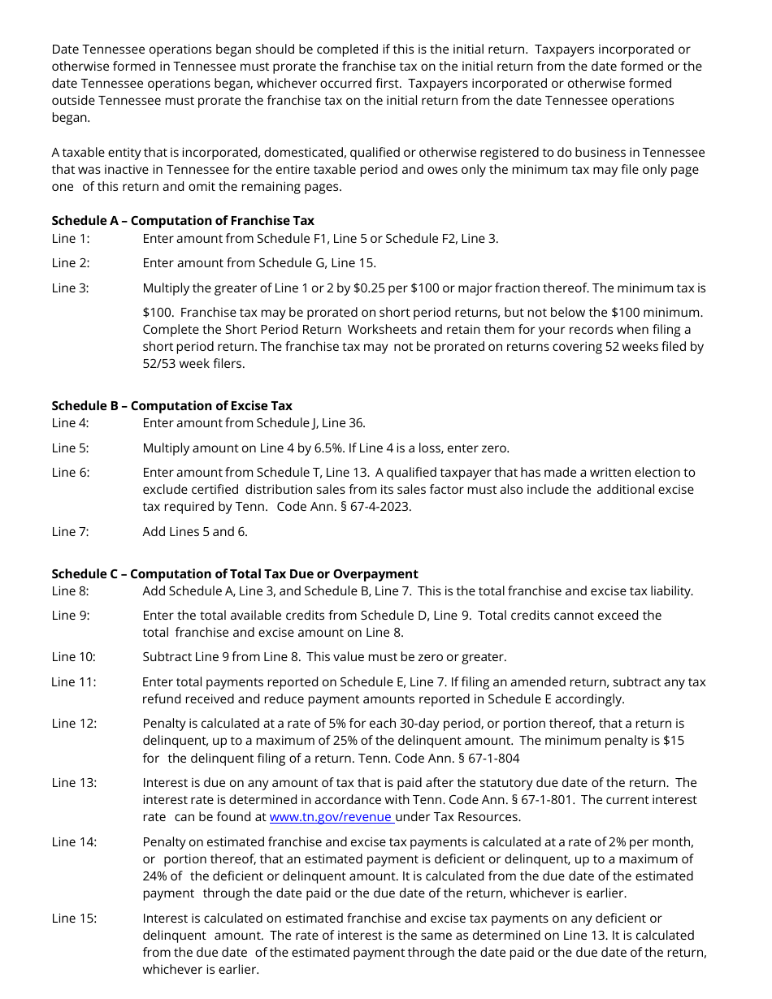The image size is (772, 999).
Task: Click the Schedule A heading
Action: pos(183,220)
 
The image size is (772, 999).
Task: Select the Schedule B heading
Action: pos(172,405)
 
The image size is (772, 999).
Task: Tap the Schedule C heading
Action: pos(235,573)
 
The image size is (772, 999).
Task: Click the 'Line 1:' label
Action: pos(71,238)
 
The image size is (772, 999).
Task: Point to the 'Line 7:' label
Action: pos(71,531)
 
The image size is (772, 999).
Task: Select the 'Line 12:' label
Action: pos(74,723)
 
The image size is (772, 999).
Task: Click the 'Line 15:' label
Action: pos(74,918)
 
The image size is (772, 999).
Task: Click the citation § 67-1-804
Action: pos(484,758)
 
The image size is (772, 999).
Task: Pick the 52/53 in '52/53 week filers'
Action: pos(160,364)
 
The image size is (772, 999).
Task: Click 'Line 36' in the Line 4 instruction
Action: pos(343,422)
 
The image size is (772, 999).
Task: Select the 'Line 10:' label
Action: pos(74,656)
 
